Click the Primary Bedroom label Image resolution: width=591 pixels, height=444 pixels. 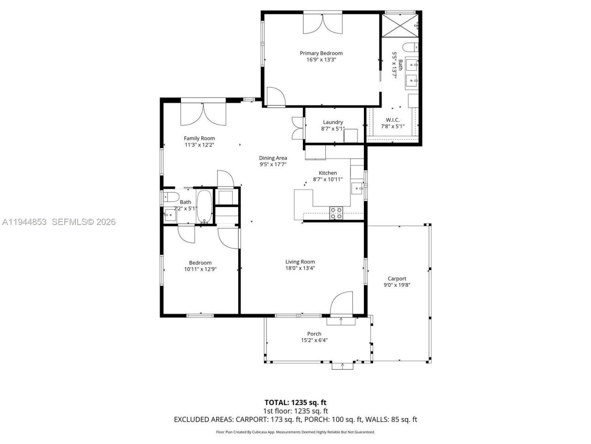coord(321,53)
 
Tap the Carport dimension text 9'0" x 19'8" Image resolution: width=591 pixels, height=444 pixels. coord(397,285)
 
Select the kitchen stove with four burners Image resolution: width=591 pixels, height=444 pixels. coord(336,213)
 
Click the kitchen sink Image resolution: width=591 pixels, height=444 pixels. coord(357,188)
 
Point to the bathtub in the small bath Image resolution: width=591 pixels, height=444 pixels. coord(204,206)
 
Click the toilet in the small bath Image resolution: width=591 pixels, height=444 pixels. coord(171,197)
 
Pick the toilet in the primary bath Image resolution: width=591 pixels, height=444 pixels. coord(410,47)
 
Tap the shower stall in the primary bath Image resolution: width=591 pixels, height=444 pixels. coord(400,25)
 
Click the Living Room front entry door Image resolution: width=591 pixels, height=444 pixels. coord(342,303)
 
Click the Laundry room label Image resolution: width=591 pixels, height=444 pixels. coord(332,123)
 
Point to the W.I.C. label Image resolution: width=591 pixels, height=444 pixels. coord(392,120)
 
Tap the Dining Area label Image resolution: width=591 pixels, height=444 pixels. coord(272,158)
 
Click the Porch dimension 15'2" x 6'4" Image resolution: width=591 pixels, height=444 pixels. coord(314,340)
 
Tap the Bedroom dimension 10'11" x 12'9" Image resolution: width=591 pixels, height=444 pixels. coord(200,269)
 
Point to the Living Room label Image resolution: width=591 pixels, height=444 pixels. coord(300,262)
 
